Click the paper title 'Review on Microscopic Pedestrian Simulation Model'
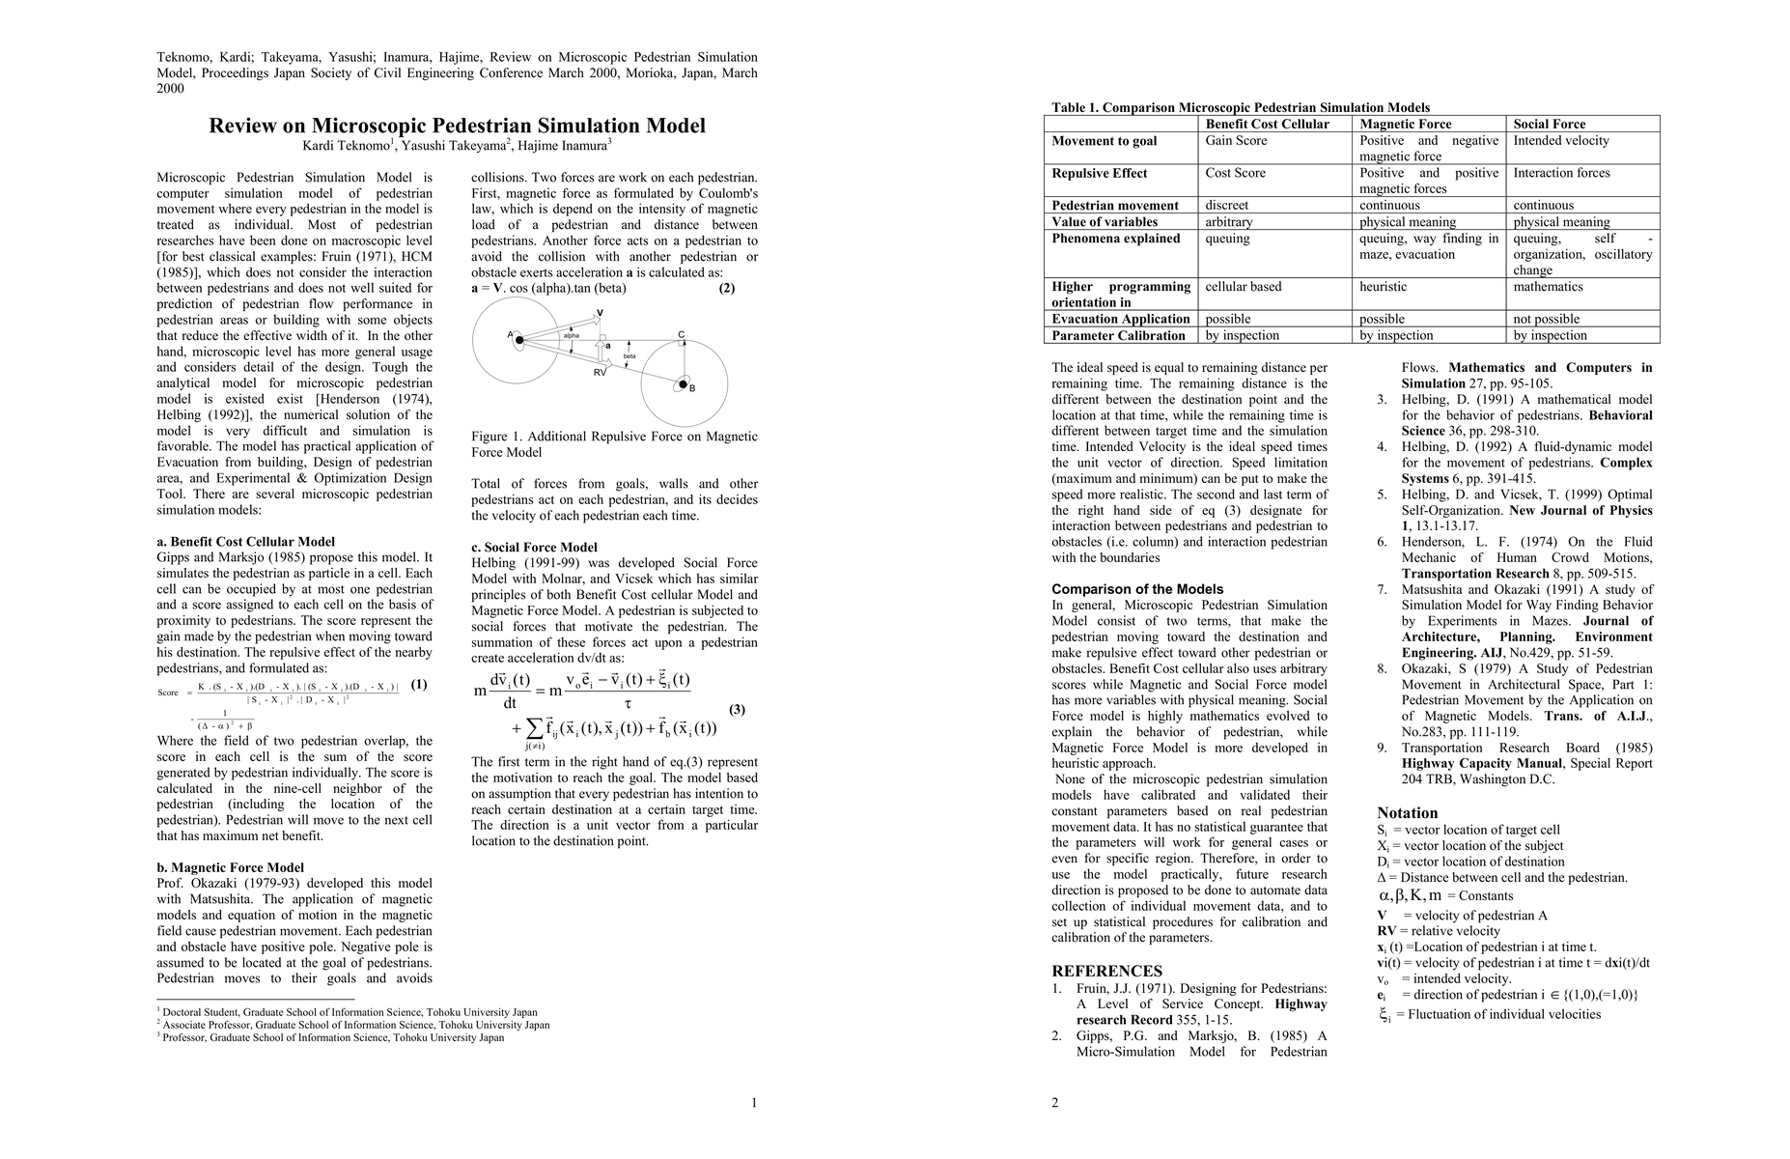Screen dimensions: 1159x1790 pos(457,126)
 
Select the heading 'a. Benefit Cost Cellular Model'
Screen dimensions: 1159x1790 pos(245,542)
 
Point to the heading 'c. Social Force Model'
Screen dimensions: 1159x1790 pos(534,547)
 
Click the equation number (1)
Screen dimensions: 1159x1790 pos(418,685)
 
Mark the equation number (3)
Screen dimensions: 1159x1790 pos(737,710)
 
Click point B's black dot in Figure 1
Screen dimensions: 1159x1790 pos(683,384)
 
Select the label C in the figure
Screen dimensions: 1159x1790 pos(681,335)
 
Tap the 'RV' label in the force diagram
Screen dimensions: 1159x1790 pos(600,372)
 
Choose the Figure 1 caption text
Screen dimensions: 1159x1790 pos(614,444)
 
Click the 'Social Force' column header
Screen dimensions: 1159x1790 pos(1550,124)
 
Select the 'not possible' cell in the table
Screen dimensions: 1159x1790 pos(1547,319)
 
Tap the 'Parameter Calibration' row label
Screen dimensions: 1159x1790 pos(1118,335)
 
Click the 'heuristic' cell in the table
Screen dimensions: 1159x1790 pos(1384,287)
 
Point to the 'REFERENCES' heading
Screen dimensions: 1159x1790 pos(1106,971)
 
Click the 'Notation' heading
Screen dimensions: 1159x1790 pos(1407,812)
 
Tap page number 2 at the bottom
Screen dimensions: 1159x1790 pos(1054,1102)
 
